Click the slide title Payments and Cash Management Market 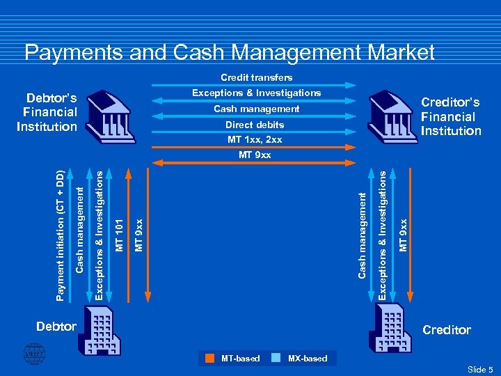coord(229,52)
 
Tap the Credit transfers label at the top coord(256,77)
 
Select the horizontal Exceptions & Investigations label coord(256,93)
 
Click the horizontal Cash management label coord(256,109)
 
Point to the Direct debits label coord(255,125)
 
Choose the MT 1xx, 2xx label coord(255,140)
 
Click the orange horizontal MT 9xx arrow coord(255,163)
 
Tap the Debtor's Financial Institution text coord(49,111)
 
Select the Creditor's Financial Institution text coord(451,116)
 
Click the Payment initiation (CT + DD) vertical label coord(61,228)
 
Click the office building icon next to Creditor coord(393,329)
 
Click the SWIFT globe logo coord(33,354)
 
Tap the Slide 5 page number coord(480,369)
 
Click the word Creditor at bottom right coord(447,330)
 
